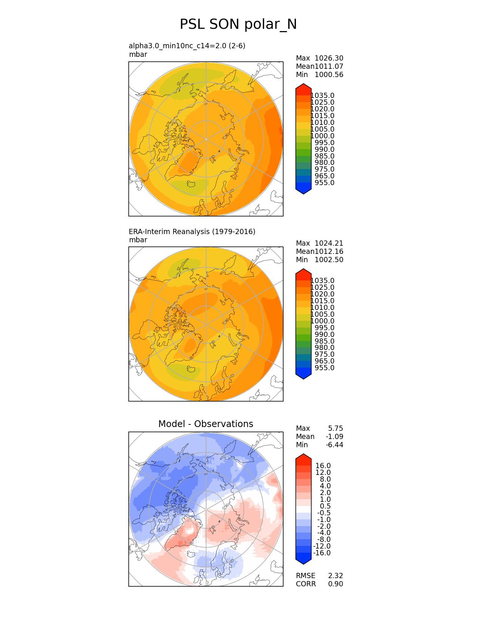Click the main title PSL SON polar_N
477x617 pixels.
[238, 24]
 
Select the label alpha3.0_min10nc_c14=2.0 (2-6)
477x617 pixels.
[187, 46]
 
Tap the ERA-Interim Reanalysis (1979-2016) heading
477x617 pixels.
[192, 231]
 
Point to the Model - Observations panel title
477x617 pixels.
[206, 424]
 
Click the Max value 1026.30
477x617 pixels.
[329, 58]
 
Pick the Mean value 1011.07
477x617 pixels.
[329, 66]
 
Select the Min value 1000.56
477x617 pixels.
[329, 74]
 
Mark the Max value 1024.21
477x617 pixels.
[329, 243]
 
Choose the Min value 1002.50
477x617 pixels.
[329, 260]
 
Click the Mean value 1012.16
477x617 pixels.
[329, 251]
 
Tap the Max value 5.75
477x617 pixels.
[336, 428]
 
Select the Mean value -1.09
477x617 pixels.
[334, 436]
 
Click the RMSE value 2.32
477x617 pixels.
[336, 575]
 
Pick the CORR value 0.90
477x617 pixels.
[336, 584]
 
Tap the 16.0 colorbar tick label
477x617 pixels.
[323, 466]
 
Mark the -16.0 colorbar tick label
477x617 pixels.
[322, 553]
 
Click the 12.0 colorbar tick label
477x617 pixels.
[323, 472]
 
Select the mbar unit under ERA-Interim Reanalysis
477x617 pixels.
[138, 240]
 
